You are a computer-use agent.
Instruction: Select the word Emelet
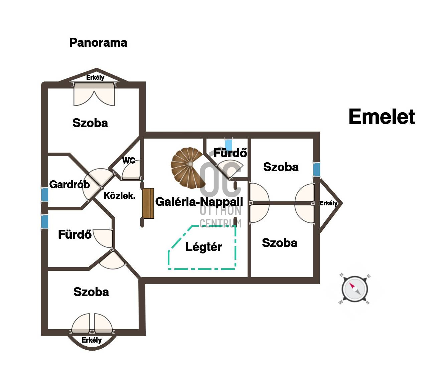point(382,117)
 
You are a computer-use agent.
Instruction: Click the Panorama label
point(98,43)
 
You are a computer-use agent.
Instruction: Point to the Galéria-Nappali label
point(199,202)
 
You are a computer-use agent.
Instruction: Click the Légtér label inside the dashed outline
point(203,247)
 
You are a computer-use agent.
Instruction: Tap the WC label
point(129,161)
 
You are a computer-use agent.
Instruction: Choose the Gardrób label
point(69,184)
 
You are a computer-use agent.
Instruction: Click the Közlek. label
point(120,196)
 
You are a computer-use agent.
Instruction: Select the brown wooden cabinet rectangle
point(148,203)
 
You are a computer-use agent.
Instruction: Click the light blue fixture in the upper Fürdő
point(229,144)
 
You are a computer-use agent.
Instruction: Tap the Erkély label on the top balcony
point(95,78)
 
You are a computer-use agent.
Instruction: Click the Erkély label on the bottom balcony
point(92,340)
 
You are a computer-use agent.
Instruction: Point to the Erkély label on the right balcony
point(328,203)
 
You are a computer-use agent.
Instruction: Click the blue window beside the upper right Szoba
point(316,169)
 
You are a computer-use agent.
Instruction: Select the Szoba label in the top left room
point(90,123)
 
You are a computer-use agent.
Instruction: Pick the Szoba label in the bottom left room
point(91,292)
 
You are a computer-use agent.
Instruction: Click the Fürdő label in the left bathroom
point(75,234)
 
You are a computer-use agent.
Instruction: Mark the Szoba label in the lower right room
point(280,243)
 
